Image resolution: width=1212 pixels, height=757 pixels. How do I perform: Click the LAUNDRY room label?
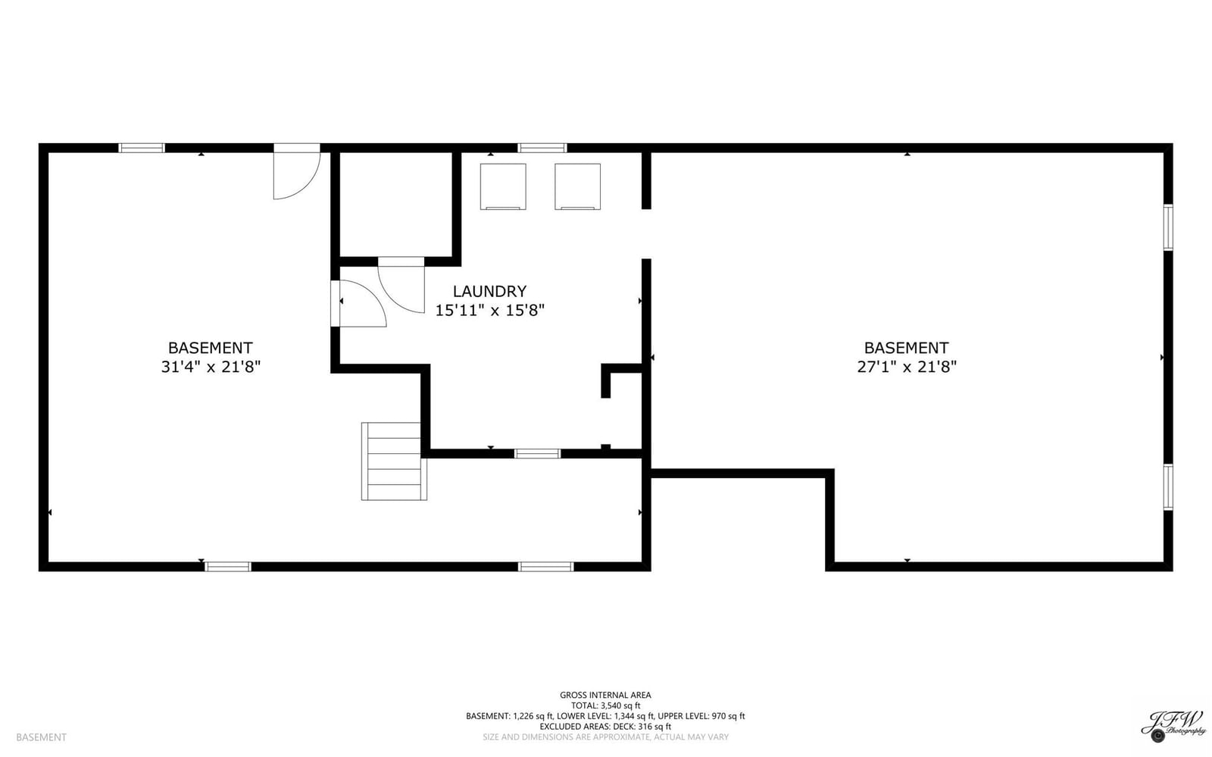[x=489, y=292]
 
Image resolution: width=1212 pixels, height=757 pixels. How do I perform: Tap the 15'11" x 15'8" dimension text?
[x=489, y=311]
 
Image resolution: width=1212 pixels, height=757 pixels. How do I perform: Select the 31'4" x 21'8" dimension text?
[x=211, y=367]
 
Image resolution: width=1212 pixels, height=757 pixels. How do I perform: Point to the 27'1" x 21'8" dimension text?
[x=906, y=367]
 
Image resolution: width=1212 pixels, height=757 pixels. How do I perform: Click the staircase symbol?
[x=394, y=461]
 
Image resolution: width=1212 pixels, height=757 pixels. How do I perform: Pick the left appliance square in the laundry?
[x=503, y=186]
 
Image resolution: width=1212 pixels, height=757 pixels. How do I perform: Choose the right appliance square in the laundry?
[x=577, y=186]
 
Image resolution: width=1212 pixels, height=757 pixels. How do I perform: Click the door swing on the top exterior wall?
[x=297, y=171]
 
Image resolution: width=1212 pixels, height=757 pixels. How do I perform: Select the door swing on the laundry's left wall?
[x=359, y=304]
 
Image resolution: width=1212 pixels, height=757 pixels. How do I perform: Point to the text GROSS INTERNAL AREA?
[x=605, y=696]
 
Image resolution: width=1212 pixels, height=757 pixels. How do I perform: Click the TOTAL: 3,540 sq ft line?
[x=605, y=705]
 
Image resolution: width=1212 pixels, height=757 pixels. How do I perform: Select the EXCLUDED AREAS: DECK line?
[x=605, y=727]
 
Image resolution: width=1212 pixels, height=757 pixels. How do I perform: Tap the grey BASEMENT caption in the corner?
[x=41, y=737]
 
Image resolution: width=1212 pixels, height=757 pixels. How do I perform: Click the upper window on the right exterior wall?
[x=1168, y=227]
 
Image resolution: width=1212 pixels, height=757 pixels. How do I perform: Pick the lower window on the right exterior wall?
[x=1168, y=487]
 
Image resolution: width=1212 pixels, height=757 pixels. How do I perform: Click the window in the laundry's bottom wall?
[x=537, y=453]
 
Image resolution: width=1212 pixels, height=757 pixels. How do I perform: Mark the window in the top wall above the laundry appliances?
[x=542, y=148]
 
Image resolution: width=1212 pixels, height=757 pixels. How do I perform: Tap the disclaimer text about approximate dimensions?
[x=605, y=737]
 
